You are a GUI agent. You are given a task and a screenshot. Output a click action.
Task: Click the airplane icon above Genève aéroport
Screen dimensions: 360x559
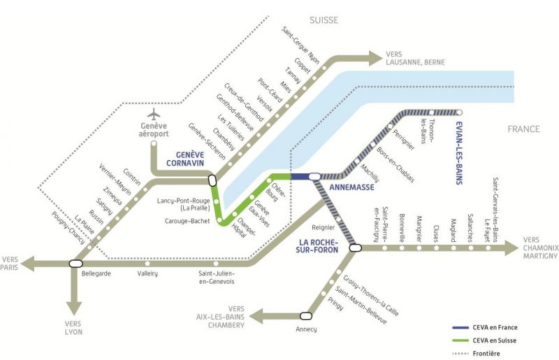(x=155, y=115)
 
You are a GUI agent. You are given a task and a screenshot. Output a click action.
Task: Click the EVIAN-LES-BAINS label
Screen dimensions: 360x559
(x=458, y=154)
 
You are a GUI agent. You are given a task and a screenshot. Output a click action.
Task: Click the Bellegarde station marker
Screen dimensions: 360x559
(x=76, y=264)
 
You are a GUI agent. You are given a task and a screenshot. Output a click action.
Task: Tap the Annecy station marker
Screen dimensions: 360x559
(x=305, y=316)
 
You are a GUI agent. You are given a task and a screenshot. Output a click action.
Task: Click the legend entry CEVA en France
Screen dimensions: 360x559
(x=495, y=327)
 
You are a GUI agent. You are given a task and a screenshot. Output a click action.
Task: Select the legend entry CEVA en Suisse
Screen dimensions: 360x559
(x=495, y=340)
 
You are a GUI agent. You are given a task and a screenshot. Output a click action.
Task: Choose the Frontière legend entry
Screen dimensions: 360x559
(x=488, y=354)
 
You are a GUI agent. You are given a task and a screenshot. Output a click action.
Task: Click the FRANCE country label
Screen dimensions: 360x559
(x=524, y=129)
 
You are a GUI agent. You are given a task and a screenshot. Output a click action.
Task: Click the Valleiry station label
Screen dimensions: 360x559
(x=147, y=273)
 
